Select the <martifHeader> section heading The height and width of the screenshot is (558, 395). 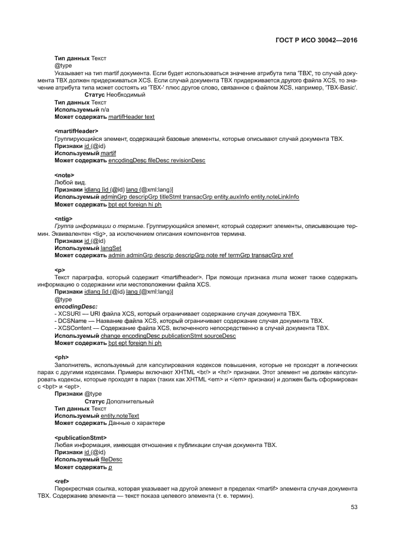pyautogui.click(x=76, y=131)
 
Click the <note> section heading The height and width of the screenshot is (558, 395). pyautogui.click(x=64, y=175)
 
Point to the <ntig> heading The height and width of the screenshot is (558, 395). pyautogui.click(x=63, y=219)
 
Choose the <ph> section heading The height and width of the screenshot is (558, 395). pyautogui.click(x=61, y=357)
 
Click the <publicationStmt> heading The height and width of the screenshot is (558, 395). pyautogui.click(x=81, y=437)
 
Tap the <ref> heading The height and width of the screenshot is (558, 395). pyautogui.click(x=62, y=480)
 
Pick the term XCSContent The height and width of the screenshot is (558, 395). pyautogui.click(x=75, y=328)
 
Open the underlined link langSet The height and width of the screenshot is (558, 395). pyautogui.click(x=111, y=248)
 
